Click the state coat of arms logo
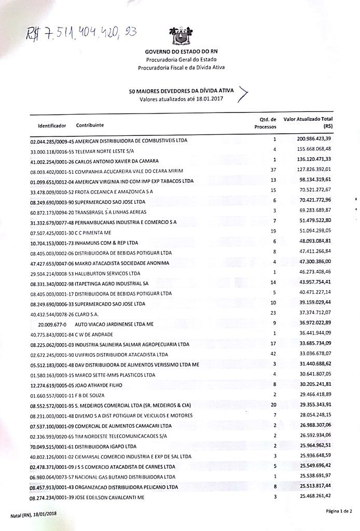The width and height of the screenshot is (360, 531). [x=181, y=35]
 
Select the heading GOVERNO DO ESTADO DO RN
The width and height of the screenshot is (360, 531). [x=181, y=52]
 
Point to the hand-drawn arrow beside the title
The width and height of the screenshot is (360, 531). [x=244, y=93]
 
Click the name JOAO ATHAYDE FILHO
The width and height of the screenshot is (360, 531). [x=103, y=385]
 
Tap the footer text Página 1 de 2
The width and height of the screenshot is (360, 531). [x=339, y=511]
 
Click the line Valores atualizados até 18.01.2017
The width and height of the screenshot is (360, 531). [x=181, y=99]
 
